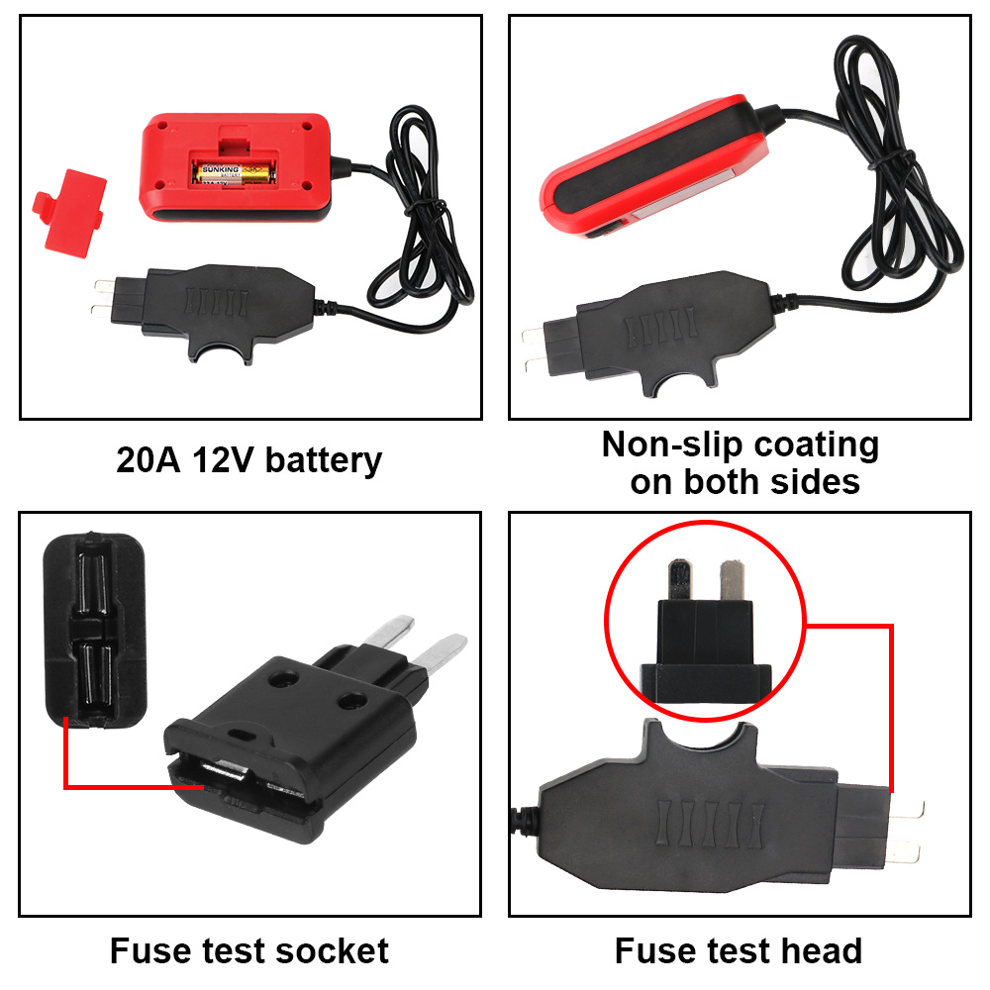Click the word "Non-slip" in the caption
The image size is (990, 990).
[x=672, y=445]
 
